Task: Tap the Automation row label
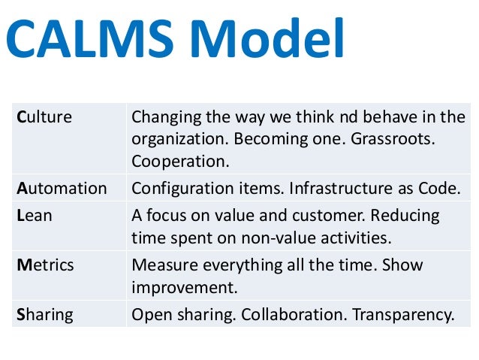62,188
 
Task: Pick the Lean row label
35,215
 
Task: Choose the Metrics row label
44,265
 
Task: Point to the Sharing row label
45,315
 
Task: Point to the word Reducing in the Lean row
406,215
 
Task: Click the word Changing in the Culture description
162,117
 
